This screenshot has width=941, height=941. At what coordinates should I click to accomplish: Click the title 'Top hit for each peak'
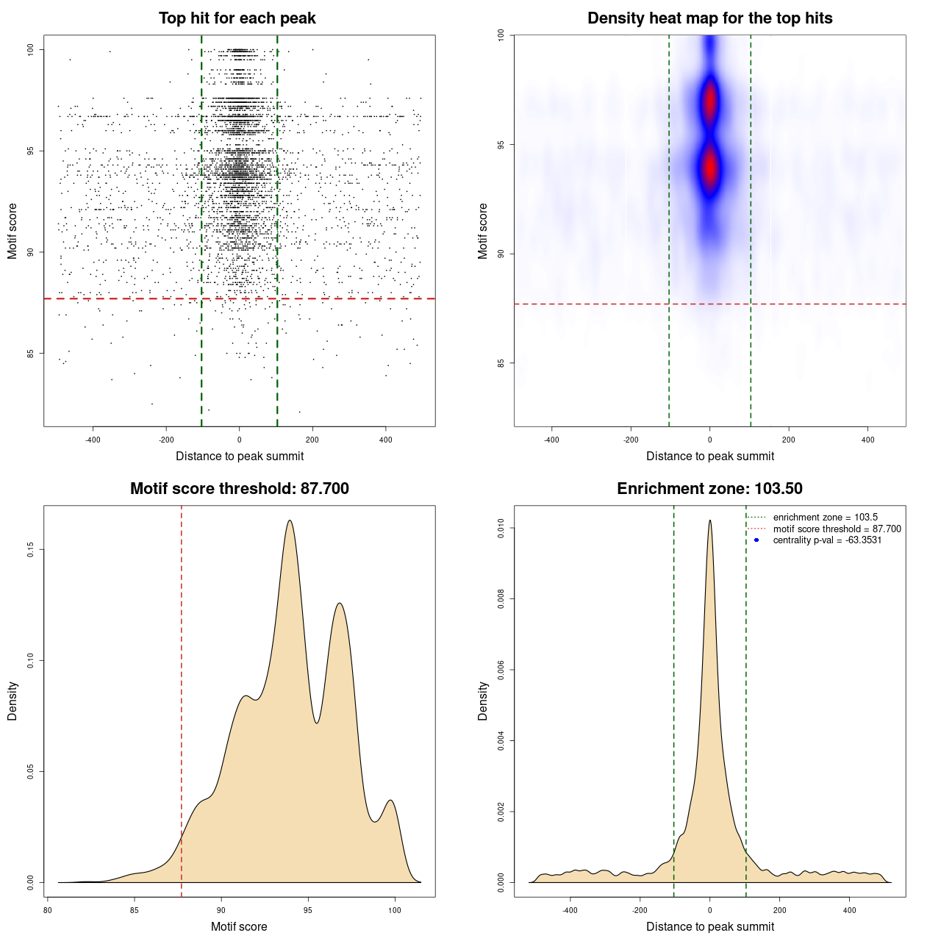click(237, 18)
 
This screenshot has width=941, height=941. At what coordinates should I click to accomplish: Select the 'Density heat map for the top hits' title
click(709, 18)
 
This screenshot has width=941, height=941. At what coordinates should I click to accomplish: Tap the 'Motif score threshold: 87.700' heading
click(239, 489)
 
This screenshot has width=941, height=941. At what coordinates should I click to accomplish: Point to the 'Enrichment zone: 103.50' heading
click(709, 489)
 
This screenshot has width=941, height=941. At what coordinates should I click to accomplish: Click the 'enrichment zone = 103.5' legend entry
click(825, 518)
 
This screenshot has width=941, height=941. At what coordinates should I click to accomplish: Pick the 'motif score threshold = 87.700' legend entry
click(837, 529)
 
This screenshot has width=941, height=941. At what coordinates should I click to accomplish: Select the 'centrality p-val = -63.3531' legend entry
click(827, 540)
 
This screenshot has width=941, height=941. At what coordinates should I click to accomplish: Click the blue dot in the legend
click(756, 540)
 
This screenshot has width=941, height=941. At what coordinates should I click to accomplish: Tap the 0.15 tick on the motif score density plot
click(31, 549)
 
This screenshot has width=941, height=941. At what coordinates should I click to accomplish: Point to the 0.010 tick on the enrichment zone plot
click(501, 528)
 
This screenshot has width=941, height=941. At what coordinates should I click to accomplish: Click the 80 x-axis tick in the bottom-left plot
click(48, 910)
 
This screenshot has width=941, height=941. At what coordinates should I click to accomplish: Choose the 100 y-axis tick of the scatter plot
click(31, 49)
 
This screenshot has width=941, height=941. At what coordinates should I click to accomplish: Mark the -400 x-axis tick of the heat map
click(551, 440)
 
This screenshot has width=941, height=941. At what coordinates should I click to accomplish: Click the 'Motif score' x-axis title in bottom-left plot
click(239, 926)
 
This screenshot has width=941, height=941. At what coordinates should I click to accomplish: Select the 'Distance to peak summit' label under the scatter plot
click(240, 457)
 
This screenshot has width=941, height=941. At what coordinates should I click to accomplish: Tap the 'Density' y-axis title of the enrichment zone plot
click(483, 701)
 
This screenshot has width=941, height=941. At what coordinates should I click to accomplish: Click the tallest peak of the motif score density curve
click(290, 521)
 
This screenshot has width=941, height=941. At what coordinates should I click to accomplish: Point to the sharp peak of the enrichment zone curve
click(709, 520)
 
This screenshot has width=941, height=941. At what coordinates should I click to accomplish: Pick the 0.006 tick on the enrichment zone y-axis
click(501, 670)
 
